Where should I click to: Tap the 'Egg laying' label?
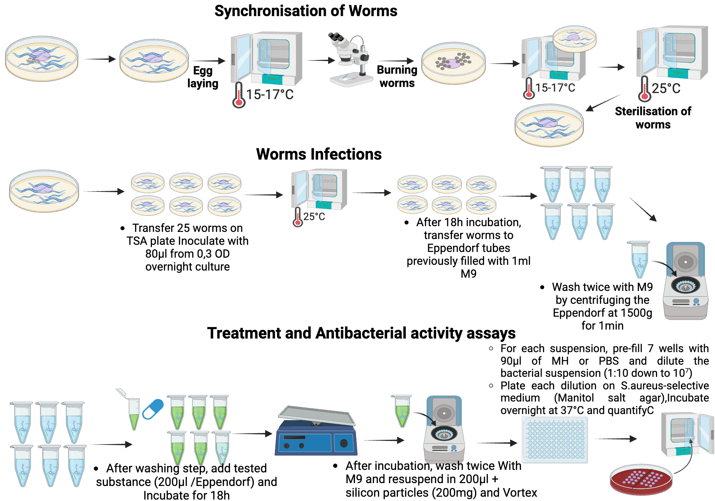tap(203, 77)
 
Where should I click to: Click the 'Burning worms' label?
tap(397, 76)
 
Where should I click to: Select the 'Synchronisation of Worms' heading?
tap(306, 11)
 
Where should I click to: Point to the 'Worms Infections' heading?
tap(319, 154)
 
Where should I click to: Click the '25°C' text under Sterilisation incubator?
tap(666, 88)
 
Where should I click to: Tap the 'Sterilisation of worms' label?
tap(653, 118)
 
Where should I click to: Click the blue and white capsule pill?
tap(153, 409)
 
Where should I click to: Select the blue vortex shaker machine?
tap(316, 435)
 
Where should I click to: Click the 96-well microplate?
tap(555, 440)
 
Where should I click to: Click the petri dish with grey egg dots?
tap(453, 63)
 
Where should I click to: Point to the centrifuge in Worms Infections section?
tap(685, 281)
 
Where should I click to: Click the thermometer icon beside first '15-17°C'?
tap(239, 96)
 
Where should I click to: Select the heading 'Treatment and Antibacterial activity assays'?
tap(361, 333)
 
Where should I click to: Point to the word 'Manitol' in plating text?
tap(574, 398)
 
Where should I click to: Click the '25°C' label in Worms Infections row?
tap(314, 217)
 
